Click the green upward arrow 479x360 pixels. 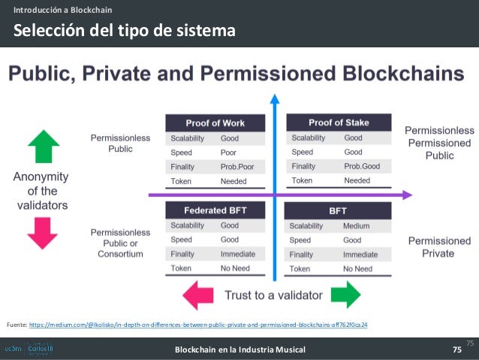pos(42,146)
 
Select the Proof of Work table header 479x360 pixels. pos(215,123)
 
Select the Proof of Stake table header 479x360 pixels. pos(338,123)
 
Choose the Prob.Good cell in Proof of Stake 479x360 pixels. pos(362,166)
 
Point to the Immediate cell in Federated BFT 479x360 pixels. pos(237,254)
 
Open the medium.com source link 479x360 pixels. pos(198,324)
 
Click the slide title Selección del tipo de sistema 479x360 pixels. pos(123,31)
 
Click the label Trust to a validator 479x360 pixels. pos(274,295)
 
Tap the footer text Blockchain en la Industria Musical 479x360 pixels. pos(239,349)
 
